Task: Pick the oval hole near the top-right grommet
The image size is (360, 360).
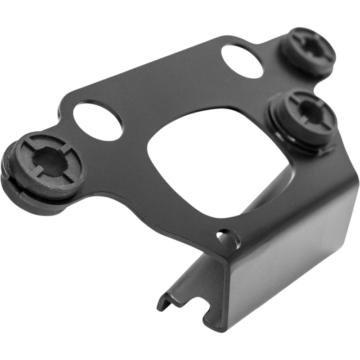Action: coord(243,60)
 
